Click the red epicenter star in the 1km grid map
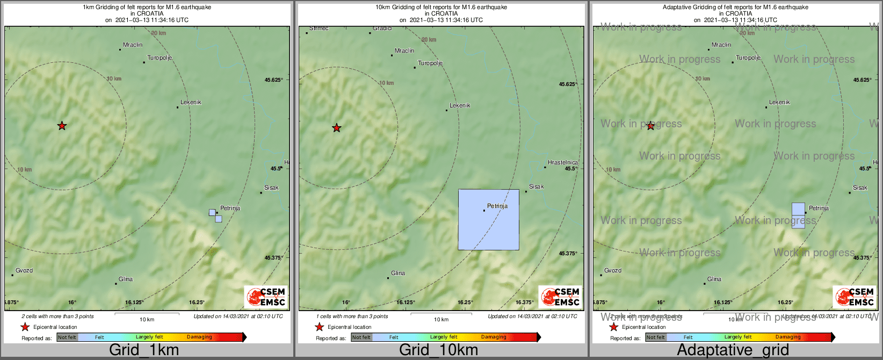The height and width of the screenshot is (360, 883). pyautogui.click(x=62, y=126)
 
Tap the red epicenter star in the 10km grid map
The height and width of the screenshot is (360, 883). pyautogui.click(x=337, y=128)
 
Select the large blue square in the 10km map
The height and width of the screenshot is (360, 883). pyautogui.click(x=489, y=219)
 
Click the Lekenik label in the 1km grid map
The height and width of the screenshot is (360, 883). pyautogui.click(x=191, y=102)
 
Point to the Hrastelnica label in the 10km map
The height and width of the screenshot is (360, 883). pyautogui.click(x=563, y=162)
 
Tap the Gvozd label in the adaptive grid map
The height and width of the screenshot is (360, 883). pyautogui.click(x=613, y=270)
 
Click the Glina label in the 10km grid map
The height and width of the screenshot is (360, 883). pyautogui.click(x=398, y=273)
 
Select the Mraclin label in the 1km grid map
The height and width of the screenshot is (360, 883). pyautogui.click(x=133, y=45)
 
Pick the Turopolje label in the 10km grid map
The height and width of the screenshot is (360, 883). pyautogui.click(x=430, y=63)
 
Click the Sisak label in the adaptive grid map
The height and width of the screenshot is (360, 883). pyautogui.click(x=860, y=188)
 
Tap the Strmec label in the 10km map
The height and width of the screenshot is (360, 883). pyautogui.click(x=319, y=28)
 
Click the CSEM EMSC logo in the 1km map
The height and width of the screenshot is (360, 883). pyautogui.click(x=266, y=297)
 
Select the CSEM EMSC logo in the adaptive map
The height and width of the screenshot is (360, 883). pyautogui.click(x=855, y=297)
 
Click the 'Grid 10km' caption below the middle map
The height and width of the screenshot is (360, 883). pyautogui.click(x=438, y=350)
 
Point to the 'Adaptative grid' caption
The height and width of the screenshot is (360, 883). pyautogui.click(x=733, y=350)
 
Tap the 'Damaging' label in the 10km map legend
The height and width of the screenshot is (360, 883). pyautogui.click(x=494, y=337)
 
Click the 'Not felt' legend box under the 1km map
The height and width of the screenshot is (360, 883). pyautogui.click(x=67, y=337)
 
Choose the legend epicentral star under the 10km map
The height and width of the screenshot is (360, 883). pyautogui.click(x=320, y=327)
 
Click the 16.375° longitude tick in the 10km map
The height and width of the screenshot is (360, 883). pyautogui.click(x=525, y=302)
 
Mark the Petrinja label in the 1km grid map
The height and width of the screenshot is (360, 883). pyautogui.click(x=230, y=208)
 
